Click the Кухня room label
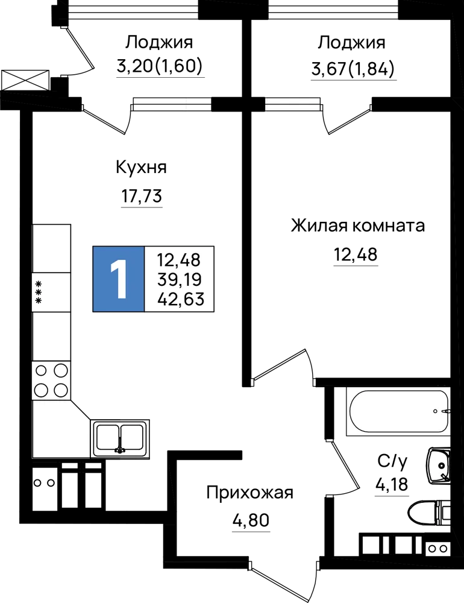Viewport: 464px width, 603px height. [x=142, y=168]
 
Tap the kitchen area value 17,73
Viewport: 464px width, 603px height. [x=142, y=196]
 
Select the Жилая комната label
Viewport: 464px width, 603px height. [x=358, y=226]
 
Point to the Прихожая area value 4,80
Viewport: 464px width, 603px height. [x=251, y=520]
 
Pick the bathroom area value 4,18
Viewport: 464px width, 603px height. [x=392, y=484]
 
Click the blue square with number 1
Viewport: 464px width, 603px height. [x=118, y=279]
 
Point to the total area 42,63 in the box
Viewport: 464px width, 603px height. [x=180, y=298]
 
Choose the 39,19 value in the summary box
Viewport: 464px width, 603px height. [x=180, y=280]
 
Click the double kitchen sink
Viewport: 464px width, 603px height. [x=120, y=438]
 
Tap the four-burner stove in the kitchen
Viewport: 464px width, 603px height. [x=51, y=380]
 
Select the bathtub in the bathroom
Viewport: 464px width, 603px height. [x=398, y=411]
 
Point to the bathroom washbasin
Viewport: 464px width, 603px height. [x=439, y=466]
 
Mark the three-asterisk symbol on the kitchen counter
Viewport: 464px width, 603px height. [x=39, y=292]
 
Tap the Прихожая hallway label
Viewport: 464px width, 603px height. [x=250, y=493]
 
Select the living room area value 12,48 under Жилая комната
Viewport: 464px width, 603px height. [x=356, y=254]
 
